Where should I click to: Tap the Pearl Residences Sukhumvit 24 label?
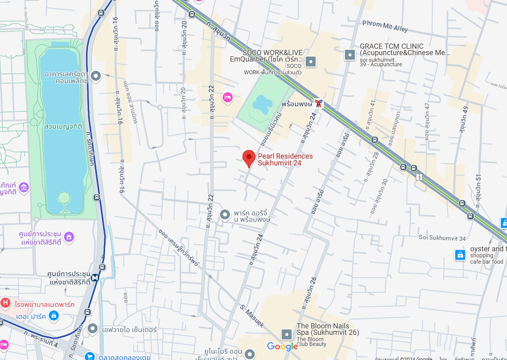pyautogui.click(x=285, y=159)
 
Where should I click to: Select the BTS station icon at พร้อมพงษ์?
pyautogui.click(x=319, y=103)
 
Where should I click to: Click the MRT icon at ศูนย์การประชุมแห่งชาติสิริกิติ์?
pyautogui.click(x=95, y=277)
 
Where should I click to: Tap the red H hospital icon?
pyautogui.click(x=5, y=302)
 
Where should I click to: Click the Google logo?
pyautogui.click(x=282, y=346)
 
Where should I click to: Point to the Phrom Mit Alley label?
pyautogui.click(x=385, y=26)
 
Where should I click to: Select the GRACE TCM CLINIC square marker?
pyautogui.click(x=350, y=55)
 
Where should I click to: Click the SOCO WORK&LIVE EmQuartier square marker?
pyautogui.click(x=311, y=62)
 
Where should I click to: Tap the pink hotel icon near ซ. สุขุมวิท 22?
pyautogui.click(x=228, y=97)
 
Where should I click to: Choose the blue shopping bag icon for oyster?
pyautogui.click(x=460, y=255)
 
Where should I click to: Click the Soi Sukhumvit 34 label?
pyautogui.click(x=442, y=238)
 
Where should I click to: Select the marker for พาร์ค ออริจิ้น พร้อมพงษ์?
pyautogui.click(x=225, y=215)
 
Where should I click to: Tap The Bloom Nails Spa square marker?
pyautogui.click(x=287, y=334)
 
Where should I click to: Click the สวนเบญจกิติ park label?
pyautogui.click(x=64, y=126)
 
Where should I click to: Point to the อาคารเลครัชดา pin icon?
pyautogui.click(x=96, y=76)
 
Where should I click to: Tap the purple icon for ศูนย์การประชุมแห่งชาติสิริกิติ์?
pyautogui.click(x=69, y=237)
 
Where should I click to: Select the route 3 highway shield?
pyautogui.click(x=419, y=177)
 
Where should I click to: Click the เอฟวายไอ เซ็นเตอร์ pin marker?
pyautogui.click(x=93, y=329)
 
